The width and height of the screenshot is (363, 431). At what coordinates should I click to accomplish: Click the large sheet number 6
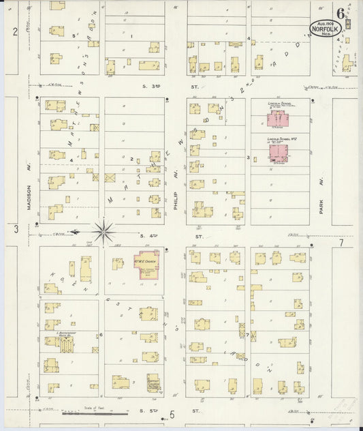[340, 13]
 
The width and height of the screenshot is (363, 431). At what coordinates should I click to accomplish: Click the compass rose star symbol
[104, 231]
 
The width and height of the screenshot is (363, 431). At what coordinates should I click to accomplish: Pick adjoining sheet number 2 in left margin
[14, 32]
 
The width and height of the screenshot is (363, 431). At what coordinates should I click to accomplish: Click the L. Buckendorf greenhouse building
[66, 345]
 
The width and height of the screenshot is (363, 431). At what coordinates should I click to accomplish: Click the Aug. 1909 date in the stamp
[324, 22]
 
